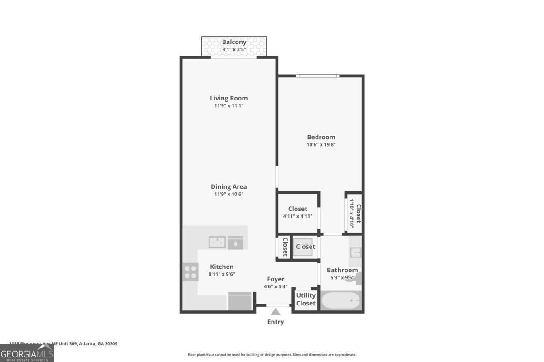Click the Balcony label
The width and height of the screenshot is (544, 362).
click(234, 42)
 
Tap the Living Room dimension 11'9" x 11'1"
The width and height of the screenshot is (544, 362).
click(229, 105)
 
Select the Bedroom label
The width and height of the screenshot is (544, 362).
click(321, 137)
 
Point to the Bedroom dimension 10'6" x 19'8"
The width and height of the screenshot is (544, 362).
click(321, 145)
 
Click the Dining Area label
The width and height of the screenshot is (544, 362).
click(229, 186)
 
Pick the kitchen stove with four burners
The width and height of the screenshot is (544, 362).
click(191, 271)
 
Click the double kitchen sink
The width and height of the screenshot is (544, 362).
click(217, 242)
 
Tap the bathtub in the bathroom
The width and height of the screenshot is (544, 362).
click(340, 300)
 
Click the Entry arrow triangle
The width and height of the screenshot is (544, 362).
click(276, 311)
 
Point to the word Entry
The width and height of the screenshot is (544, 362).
click(276, 322)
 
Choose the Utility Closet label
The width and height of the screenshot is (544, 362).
click(306, 299)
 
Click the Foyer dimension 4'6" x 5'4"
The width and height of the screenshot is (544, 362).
click(276, 286)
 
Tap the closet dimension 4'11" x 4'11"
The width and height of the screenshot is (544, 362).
click(297, 216)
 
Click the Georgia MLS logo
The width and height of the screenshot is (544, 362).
click(27, 353)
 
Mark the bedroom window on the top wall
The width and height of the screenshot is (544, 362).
click(317, 76)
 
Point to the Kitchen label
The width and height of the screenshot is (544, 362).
click(222, 267)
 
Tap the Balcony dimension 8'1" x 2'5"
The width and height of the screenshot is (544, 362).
click(234, 49)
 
